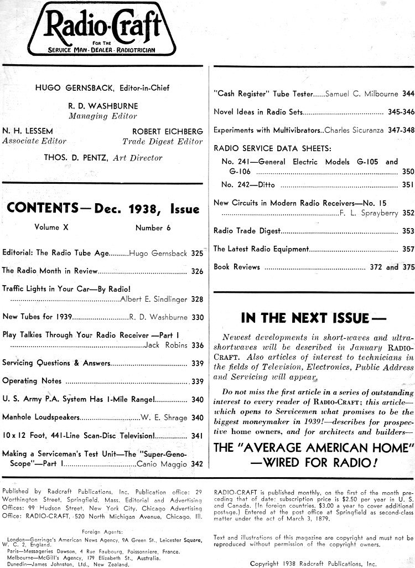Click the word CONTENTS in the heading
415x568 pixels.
pyautogui.click(x=40, y=209)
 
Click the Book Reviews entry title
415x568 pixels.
pyautogui.click(x=236, y=267)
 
